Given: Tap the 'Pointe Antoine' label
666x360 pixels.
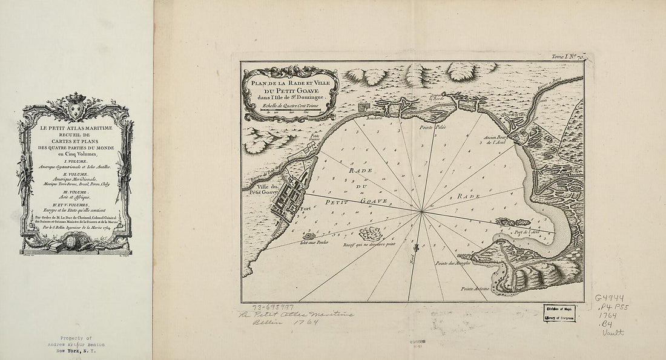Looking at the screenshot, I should click(x=476, y=289).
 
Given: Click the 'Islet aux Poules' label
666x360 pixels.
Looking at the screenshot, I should click(x=313, y=242).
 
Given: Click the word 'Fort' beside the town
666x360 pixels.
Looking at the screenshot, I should click(x=305, y=209).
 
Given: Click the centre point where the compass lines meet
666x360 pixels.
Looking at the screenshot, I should click(x=421, y=211).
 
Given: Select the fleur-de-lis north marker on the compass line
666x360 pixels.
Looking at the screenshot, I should click(x=415, y=248).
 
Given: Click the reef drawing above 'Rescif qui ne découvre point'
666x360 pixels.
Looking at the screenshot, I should click(x=371, y=233).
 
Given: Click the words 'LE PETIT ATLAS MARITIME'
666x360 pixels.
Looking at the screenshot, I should click(x=76, y=130).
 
